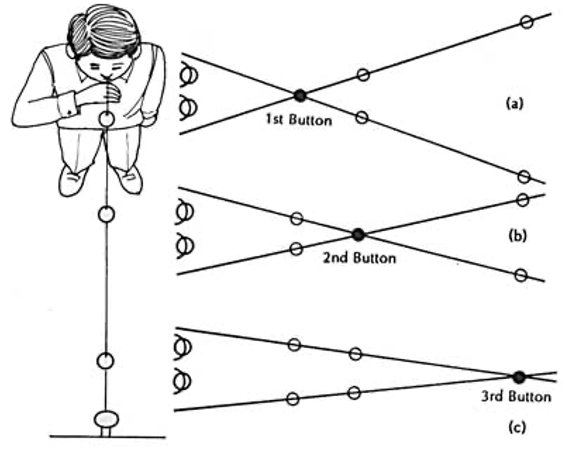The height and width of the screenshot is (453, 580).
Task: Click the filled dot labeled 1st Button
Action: coord(300,95)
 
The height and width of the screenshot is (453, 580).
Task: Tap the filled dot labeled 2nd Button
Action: coord(358,235)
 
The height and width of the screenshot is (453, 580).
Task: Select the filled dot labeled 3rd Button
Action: coord(519,377)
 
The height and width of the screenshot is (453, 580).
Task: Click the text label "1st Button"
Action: coord(299,120)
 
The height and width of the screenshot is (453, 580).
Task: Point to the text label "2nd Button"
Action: coord(359,258)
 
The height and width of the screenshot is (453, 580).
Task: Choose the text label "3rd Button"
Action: coord(516,397)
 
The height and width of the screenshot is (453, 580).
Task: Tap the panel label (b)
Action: coord(518,236)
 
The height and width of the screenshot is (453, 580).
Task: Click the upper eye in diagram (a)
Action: coord(189,76)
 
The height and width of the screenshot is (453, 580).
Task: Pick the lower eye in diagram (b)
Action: coord(185,245)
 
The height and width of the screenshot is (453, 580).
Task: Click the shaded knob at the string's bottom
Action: coord(107,419)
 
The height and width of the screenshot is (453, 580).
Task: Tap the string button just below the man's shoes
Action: coord(107,214)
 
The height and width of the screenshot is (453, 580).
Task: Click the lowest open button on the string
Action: coord(105,361)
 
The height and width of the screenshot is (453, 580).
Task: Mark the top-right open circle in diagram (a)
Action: coord(527,22)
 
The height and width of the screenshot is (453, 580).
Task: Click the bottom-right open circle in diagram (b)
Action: coord(521,275)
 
